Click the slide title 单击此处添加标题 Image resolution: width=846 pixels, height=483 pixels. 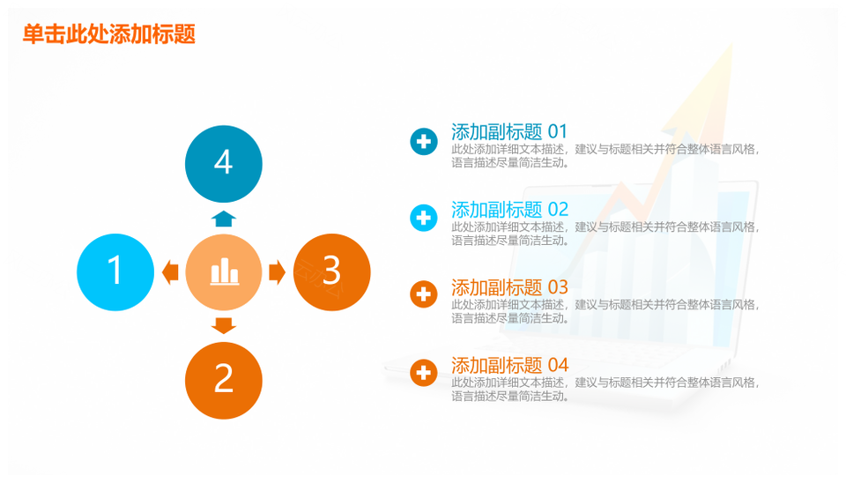coord(109,34)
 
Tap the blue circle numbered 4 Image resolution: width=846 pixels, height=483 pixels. coord(223,164)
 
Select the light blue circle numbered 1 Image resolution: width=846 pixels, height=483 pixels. coord(115,272)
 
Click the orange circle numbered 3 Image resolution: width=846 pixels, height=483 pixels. coord(332,272)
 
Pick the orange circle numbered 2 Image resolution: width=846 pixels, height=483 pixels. coord(223,381)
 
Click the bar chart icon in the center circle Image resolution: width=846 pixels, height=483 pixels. coord(225,271)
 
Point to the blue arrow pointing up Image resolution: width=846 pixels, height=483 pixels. coord(223,219)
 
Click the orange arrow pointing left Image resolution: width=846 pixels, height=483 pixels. coord(170,272)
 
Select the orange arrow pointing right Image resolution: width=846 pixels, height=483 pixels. coord(277,272)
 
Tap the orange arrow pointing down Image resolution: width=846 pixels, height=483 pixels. coord(223,326)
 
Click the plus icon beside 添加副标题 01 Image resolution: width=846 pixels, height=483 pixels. coord(424,141)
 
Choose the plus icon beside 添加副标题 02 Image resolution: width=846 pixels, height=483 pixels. coord(424,218)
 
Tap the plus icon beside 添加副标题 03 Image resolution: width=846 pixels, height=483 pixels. coord(424,294)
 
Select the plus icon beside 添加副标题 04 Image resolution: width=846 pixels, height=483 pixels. coord(424,373)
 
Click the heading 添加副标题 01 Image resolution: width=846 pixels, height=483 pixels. coord(509,131)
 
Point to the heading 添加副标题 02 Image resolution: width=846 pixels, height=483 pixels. coord(509,210)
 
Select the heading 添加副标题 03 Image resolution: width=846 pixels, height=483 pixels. coord(509,287)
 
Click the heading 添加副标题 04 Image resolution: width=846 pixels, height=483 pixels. coord(509,366)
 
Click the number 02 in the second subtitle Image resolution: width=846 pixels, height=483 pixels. coord(558,210)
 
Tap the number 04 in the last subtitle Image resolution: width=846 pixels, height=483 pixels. coord(558,366)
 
